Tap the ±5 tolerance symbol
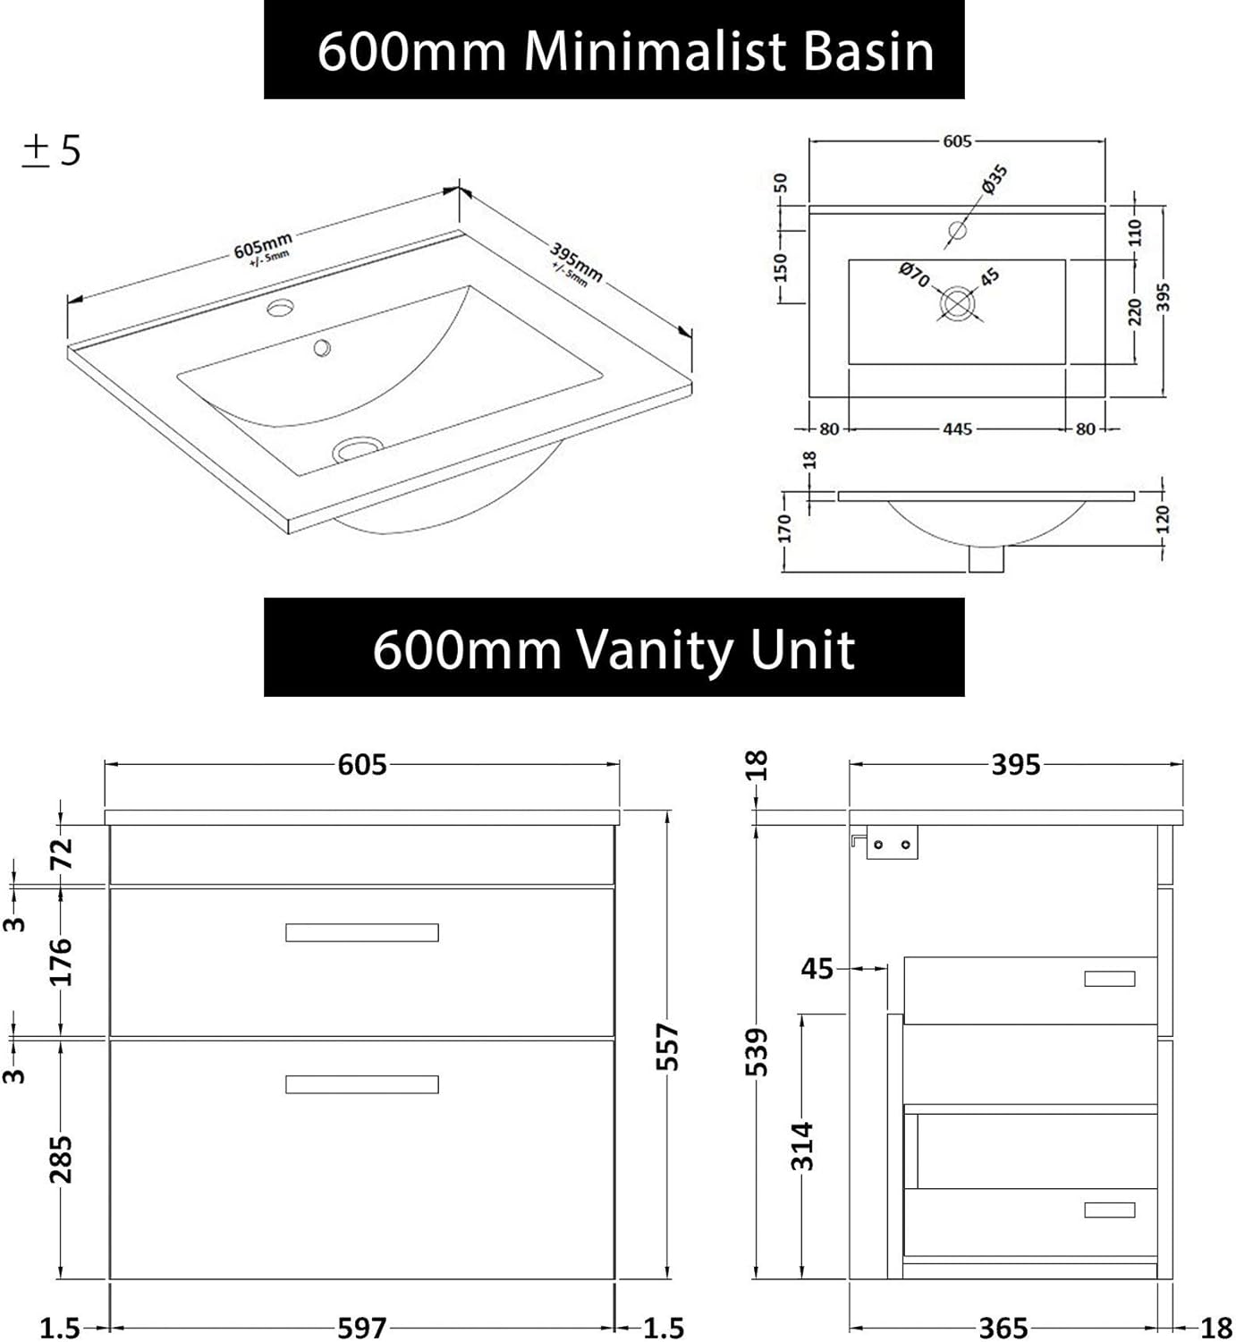(x=51, y=150)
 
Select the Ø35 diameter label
(x=994, y=178)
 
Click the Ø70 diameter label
(x=914, y=274)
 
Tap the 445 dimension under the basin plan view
(x=957, y=429)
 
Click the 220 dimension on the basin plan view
(x=1135, y=311)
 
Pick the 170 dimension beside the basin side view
(x=784, y=529)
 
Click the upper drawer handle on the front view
(x=362, y=932)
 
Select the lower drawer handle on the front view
(x=362, y=1084)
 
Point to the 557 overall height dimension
(x=669, y=1047)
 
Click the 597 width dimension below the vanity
(x=362, y=1328)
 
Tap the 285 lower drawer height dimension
(x=61, y=1159)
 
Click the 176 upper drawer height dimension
(x=61, y=962)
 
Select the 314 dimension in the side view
(x=802, y=1146)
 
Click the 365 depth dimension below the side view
(x=1003, y=1328)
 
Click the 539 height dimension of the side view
(x=757, y=1051)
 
